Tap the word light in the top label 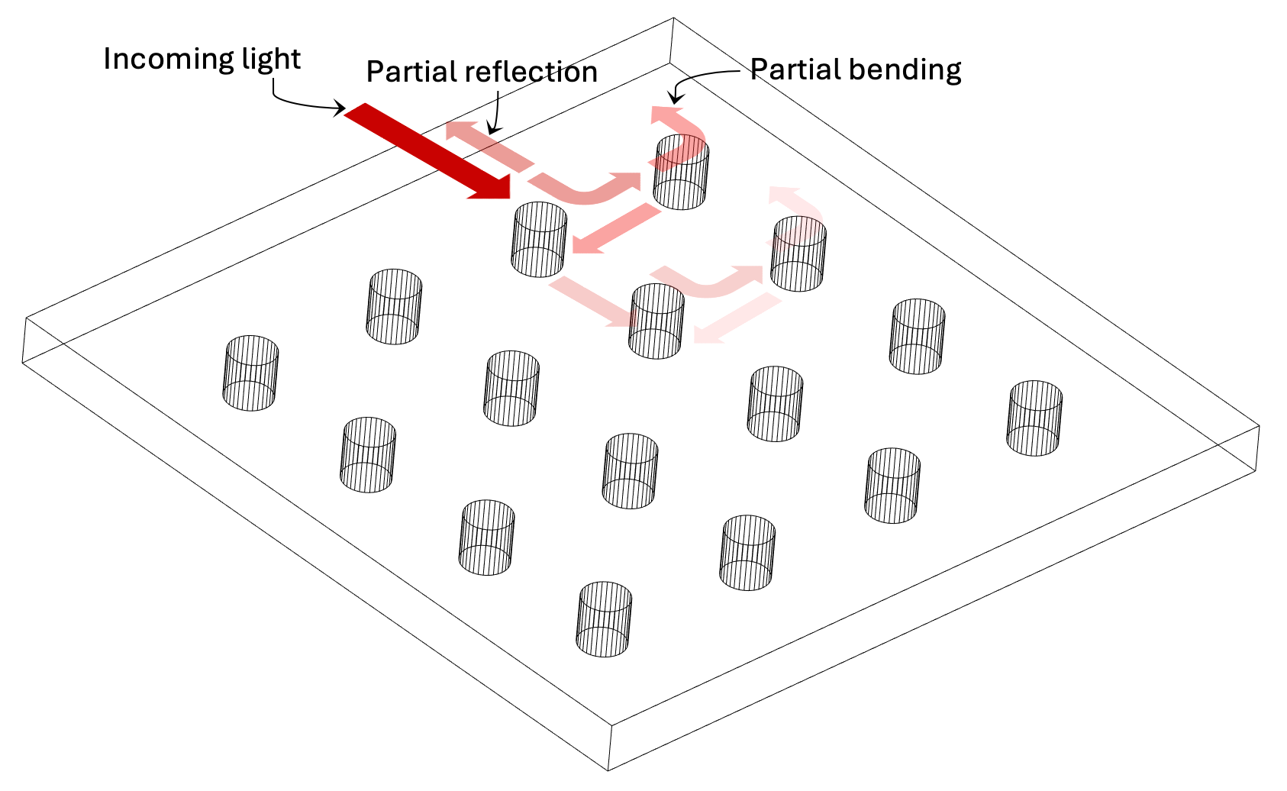(271, 60)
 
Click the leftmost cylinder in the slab (251, 373)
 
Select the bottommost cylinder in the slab (605, 619)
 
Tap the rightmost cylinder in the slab (1035, 418)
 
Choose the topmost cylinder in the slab (682, 173)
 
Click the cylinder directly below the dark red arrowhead (539, 239)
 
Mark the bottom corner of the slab (608, 770)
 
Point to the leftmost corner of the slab (24, 362)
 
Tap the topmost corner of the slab (673, 18)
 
